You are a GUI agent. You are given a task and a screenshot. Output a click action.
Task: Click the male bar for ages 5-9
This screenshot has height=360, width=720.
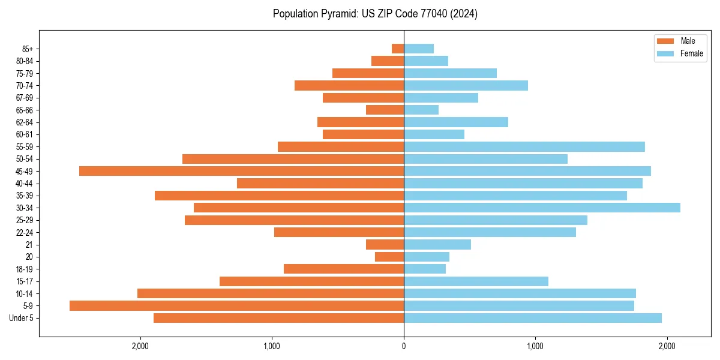(236, 305)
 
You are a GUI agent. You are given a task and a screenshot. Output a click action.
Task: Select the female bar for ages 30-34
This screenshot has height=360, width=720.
(542, 208)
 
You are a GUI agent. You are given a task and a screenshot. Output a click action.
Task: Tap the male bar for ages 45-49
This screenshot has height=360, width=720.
(241, 171)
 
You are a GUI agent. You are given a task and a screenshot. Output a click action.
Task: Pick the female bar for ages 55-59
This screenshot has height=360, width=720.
(524, 146)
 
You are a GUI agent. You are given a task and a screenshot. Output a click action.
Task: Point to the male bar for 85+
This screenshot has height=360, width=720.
(398, 49)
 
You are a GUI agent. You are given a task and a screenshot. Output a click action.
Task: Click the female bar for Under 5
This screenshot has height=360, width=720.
(532, 318)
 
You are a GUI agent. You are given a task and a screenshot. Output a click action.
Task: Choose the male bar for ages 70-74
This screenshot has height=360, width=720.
(349, 85)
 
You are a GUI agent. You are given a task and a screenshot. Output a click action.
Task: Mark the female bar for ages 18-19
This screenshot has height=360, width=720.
(425, 269)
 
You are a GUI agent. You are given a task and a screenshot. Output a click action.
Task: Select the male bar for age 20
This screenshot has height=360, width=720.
(389, 257)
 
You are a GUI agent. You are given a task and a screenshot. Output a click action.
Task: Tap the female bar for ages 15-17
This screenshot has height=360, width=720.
(476, 281)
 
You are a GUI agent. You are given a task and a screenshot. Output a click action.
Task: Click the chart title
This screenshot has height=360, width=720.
(375, 14)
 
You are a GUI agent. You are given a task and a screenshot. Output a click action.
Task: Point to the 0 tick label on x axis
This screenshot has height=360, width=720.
(404, 346)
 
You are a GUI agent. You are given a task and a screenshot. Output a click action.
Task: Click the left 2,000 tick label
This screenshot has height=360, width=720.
(140, 346)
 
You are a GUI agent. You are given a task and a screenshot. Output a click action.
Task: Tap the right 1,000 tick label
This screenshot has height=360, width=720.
(535, 346)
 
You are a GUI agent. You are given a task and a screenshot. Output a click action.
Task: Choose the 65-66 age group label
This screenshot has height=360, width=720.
(25, 110)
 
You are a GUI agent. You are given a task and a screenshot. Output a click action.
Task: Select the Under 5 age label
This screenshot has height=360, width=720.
(22, 318)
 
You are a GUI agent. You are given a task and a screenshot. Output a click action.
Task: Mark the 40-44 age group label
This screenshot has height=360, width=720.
(25, 184)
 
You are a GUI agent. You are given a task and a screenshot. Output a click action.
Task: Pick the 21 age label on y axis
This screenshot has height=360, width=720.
(29, 245)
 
